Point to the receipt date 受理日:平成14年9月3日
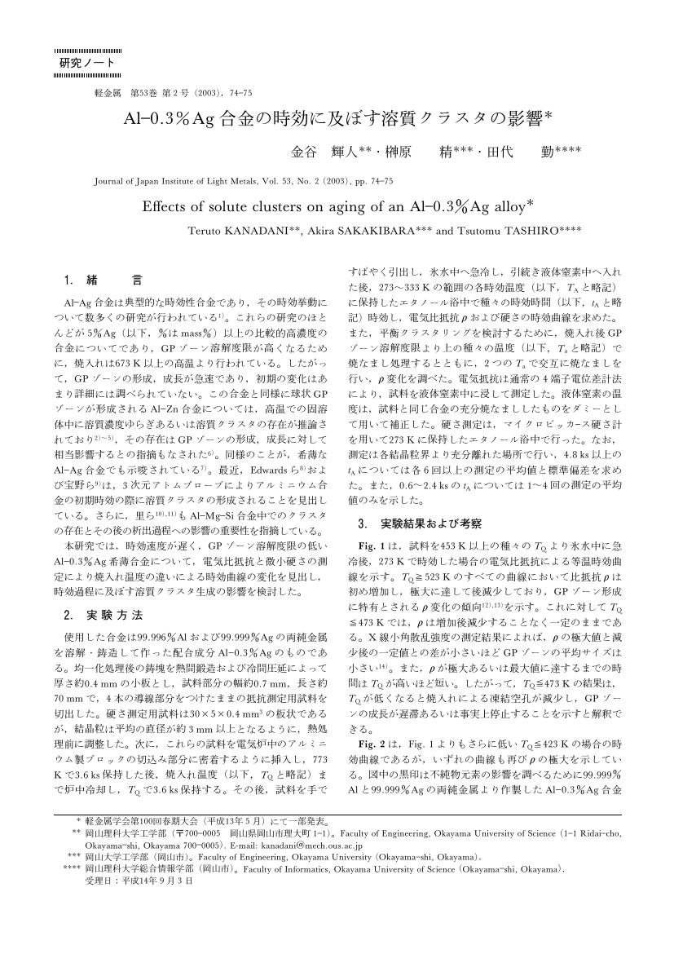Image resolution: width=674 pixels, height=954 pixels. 139,880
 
